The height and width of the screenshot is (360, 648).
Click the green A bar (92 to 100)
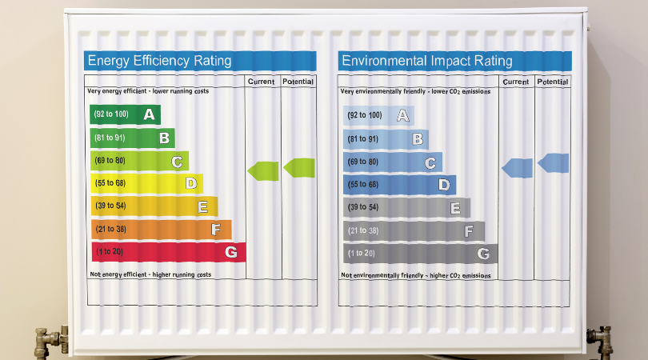tap(125, 115)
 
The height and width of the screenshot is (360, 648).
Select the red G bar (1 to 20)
tap(167, 252)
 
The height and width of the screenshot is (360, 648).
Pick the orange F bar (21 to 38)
tap(160, 230)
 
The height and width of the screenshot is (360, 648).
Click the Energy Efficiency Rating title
tap(159, 61)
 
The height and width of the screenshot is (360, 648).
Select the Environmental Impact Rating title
tap(426, 61)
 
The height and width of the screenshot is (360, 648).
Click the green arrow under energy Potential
tap(299, 167)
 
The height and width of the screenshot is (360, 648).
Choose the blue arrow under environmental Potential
tap(554, 163)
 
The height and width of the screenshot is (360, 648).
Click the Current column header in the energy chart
tap(262, 82)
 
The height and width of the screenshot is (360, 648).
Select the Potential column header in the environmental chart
tap(553, 82)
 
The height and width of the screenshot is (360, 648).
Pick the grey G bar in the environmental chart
tap(419, 254)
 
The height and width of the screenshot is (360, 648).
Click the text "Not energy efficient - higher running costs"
tap(150, 274)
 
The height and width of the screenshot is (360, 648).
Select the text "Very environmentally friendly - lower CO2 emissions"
tap(415, 92)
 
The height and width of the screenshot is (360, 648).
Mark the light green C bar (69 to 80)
tap(139, 162)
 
